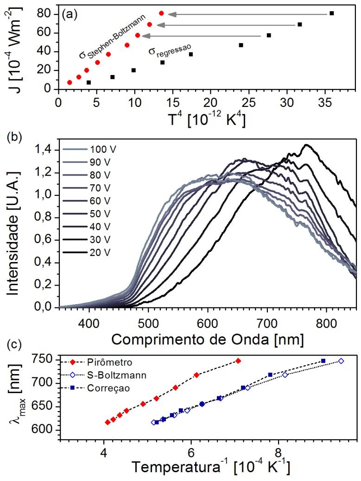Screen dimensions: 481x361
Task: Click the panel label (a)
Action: pos(69,13)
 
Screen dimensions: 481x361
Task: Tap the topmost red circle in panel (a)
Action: pos(161,13)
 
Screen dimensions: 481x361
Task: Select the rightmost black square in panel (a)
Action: pos(332,13)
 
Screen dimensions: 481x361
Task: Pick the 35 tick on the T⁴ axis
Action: pos(325,101)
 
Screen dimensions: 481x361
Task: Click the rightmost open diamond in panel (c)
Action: pos(341,361)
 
